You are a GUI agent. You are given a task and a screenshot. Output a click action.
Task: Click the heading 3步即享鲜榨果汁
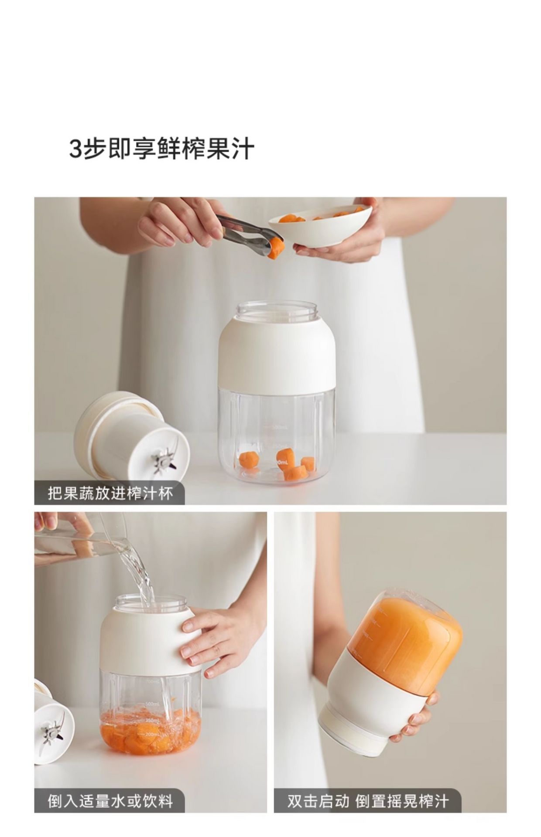pyautogui.click(x=162, y=150)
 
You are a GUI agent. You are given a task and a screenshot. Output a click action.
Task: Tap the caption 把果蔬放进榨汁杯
pyautogui.click(x=110, y=493)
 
